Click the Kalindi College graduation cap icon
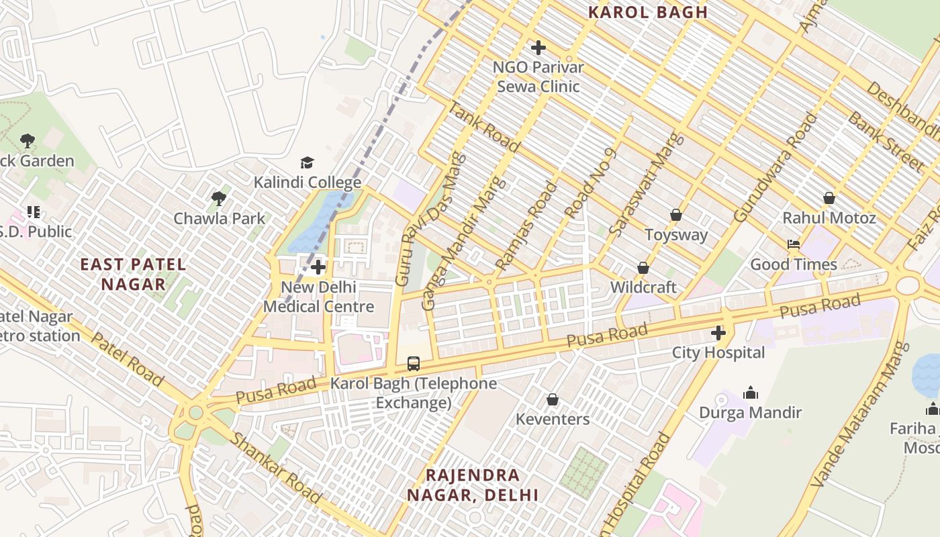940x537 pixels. [x=307, y=162]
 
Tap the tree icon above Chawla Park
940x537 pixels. [x=218, y=199]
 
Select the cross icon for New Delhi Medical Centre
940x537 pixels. [x=318, y=267]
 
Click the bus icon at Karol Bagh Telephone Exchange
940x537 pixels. [x=414, y=364]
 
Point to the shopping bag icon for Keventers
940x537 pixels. [x=553, y=400]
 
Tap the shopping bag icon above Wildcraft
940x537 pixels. [x=643, y=268]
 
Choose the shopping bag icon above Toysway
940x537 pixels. [x=676, y=215]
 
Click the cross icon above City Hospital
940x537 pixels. [x=718, y=333]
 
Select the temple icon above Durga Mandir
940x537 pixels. [x=751, y=393]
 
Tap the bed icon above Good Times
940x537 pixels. [x=794, y=244]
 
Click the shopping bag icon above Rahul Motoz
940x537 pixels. [x=829, y=198]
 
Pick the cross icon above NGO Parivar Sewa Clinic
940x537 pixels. [x=538, y=48]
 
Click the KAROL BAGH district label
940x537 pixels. [x=648, y=12]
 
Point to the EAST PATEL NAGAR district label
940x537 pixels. [x=133, y=274]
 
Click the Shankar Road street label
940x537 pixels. [x=275, y=468]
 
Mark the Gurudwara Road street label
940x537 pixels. [x=776, y=168]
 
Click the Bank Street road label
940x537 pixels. [x=885, y=142]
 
